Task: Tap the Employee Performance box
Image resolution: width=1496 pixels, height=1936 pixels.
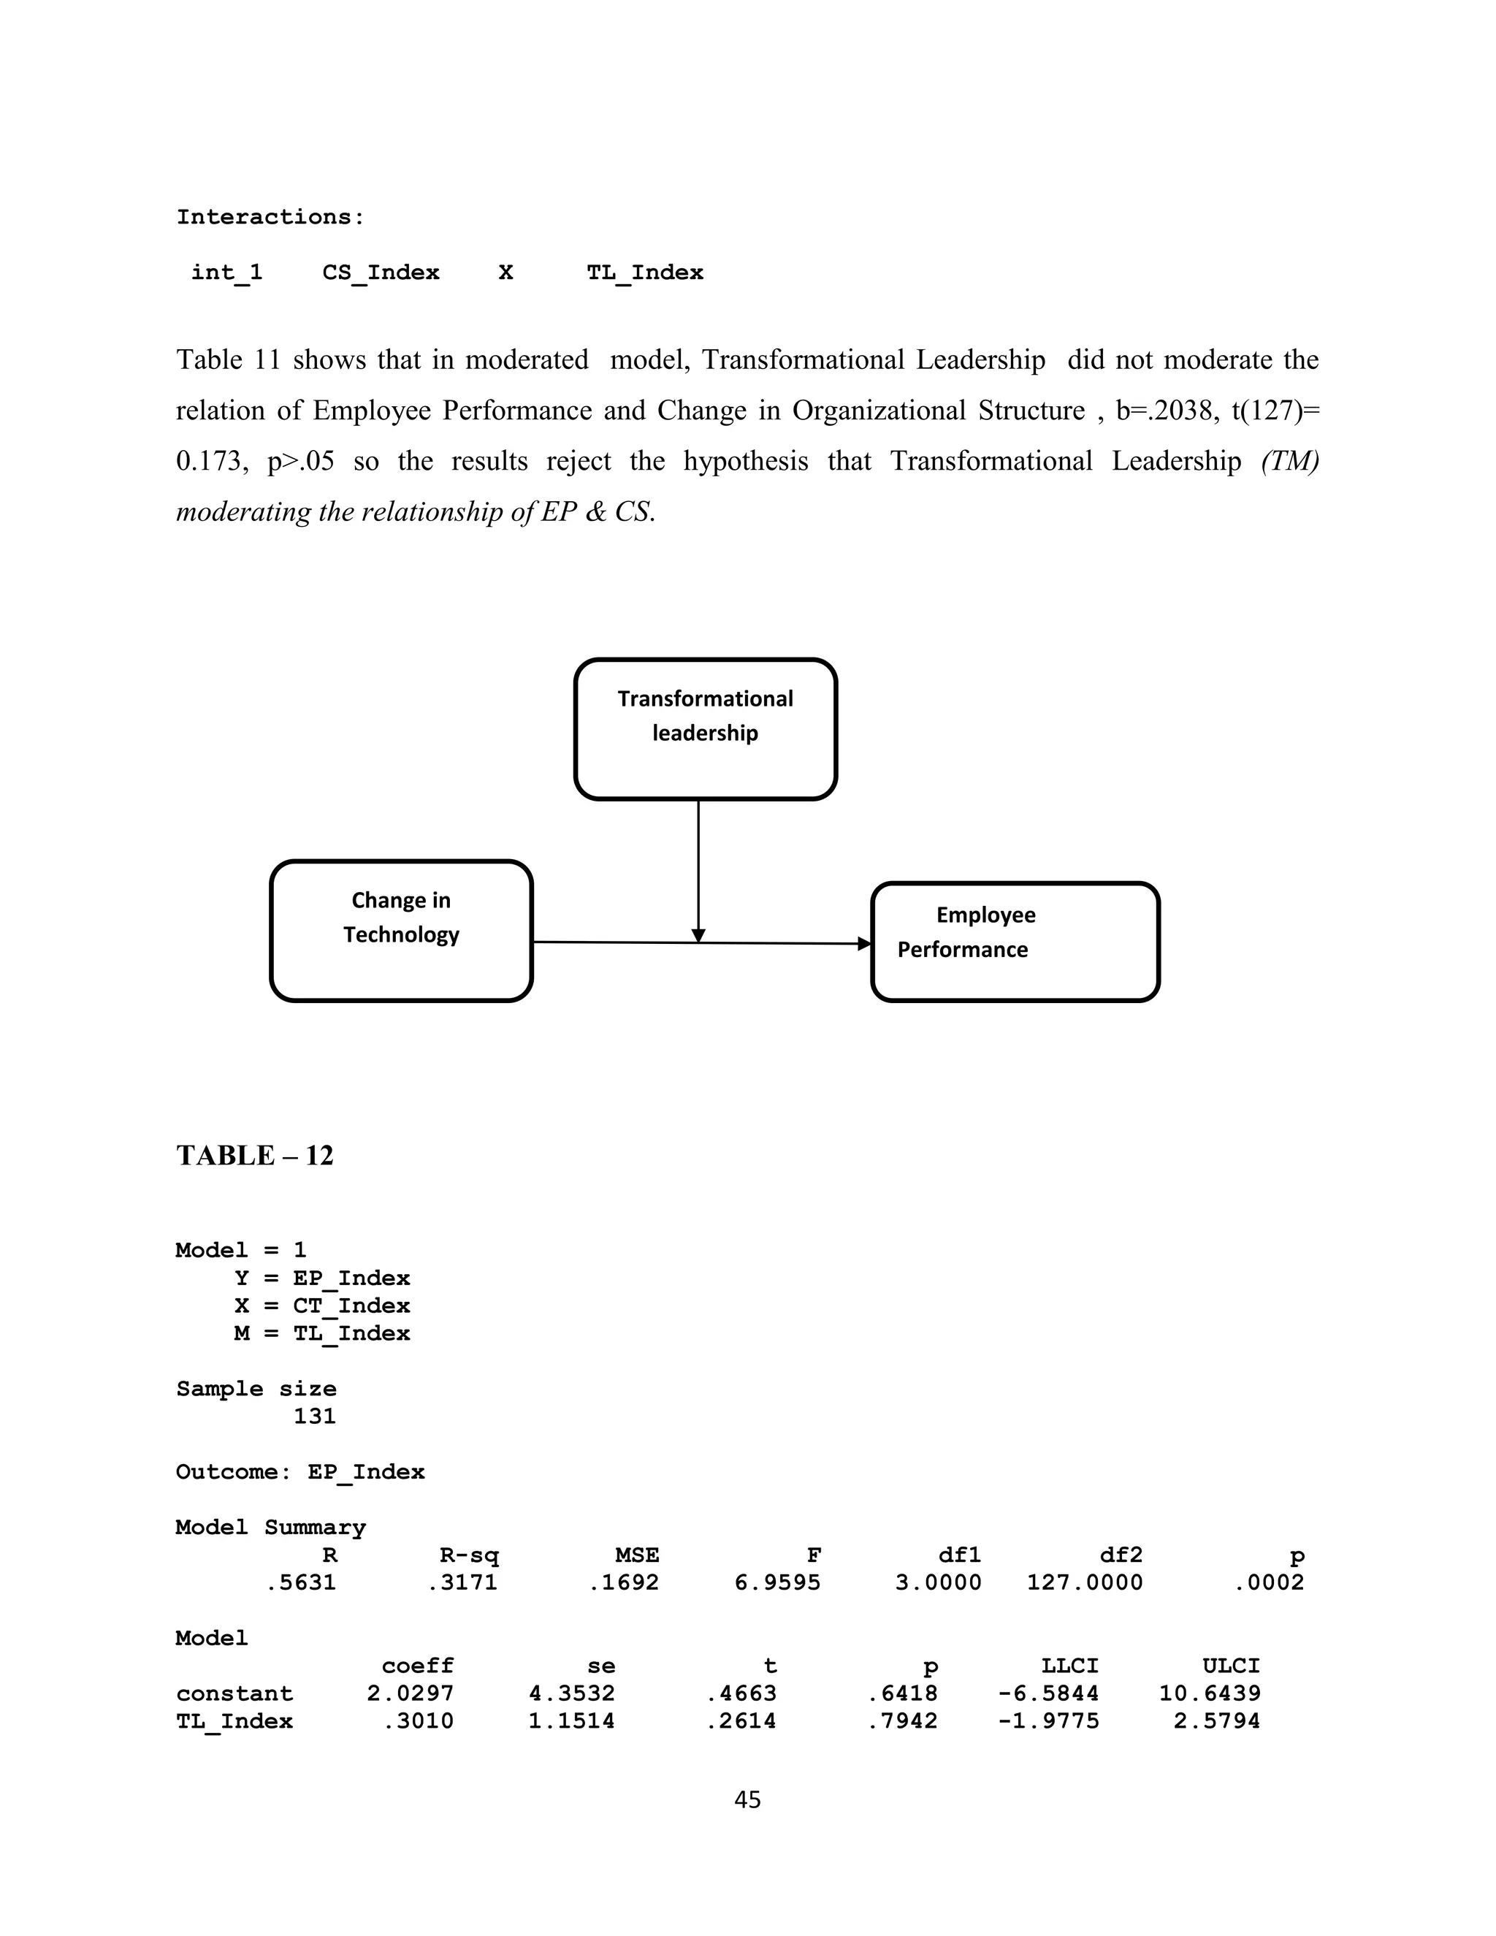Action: (x=1015, y=942)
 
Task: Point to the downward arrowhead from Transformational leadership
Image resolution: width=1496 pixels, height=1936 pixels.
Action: (x=698, y=935)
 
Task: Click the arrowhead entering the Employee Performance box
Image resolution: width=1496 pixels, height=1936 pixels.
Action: (x=864, y=943)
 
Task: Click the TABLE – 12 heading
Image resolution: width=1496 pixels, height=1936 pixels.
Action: (x=254, y=1156)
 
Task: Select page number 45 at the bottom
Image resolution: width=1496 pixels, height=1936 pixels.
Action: (x=747, y=1799)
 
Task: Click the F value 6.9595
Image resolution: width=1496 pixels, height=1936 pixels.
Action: (x=777, y=1582)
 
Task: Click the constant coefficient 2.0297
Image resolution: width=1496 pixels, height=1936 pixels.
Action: (x=411, y=1693)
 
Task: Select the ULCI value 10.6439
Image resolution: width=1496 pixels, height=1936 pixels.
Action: (x=1210, y=1693)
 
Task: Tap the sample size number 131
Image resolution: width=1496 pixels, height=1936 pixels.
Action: (x=315, y=1417)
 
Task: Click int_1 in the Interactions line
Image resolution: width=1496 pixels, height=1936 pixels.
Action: (x=227, y=273)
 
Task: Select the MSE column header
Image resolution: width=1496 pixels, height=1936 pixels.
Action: (x=636, y=1555)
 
